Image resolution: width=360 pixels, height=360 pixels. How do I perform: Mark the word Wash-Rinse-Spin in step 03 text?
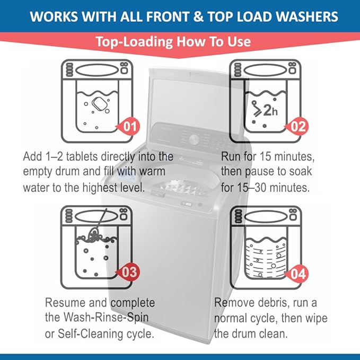(x=105, y=319)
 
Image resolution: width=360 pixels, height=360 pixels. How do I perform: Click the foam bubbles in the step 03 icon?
(x=96, y=238)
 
